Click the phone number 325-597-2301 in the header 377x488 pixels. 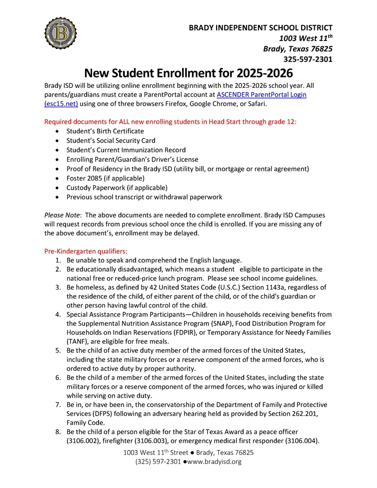308,59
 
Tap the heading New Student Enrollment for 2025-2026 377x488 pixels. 188,73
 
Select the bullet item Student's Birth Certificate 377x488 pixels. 105,131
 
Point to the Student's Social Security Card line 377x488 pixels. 110,140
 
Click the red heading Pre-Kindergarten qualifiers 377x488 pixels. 86,251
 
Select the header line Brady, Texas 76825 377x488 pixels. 297,49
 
